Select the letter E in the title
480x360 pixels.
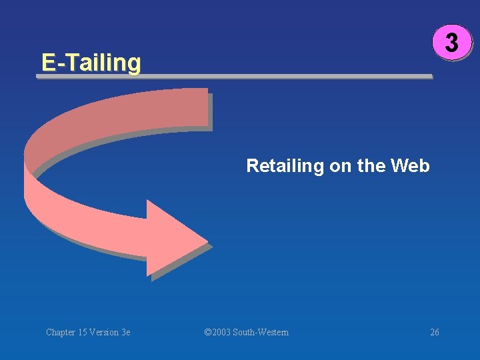coord(48,62)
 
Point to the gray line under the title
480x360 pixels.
coord(233,77)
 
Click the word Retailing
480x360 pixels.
coord(285,165)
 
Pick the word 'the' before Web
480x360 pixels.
coord(371,165)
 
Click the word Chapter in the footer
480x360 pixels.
coord(62,332)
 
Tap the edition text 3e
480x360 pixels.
coord(127,332)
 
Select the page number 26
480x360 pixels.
coord(435,332)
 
